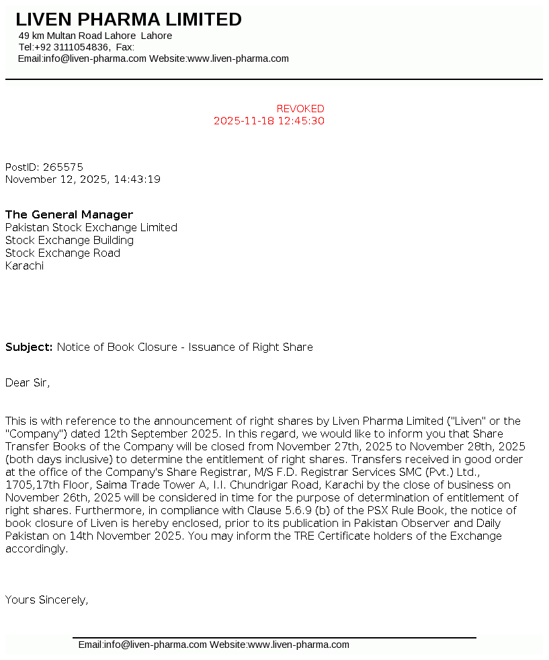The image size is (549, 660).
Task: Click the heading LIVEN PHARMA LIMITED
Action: click(128, 20)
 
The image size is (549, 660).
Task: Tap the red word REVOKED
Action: click(300, 109)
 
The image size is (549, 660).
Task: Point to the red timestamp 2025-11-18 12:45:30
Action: click(269, 121)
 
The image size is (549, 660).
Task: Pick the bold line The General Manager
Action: click(69, 215)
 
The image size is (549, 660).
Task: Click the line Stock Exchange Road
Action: click(62, 253)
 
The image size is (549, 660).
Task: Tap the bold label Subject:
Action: click(29, 347)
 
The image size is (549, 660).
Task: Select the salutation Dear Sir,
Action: click(28, 383)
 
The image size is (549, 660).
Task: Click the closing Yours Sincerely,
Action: click(47, 600)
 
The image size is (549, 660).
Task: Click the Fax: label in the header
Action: click(125, 47)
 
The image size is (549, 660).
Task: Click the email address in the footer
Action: click(142, 645)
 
